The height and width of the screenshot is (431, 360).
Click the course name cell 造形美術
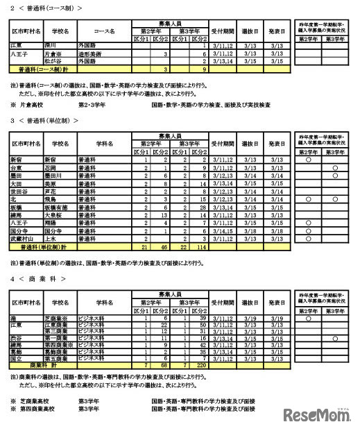click(87, 53)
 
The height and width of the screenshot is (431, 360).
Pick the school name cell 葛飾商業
click(56, 351)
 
